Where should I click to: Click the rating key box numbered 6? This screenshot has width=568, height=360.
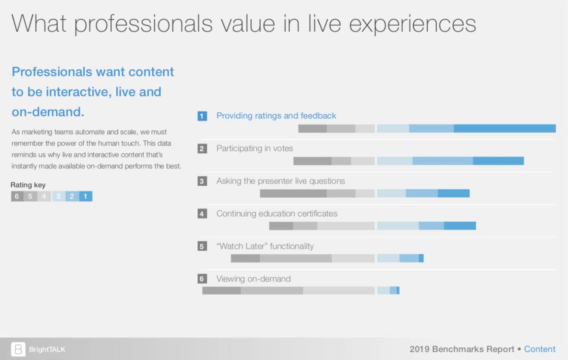pyautogui.click(x=17, y=196)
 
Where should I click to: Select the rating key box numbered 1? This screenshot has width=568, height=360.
pyautogui.click(x=85, y=196)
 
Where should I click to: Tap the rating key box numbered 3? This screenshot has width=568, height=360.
pyautogui.click(x=58, y=196)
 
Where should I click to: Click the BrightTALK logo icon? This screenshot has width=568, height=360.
pyautogui.click(x=18, y=349)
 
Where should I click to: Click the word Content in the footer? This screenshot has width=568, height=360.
pyautogui.click(x=540, y=349)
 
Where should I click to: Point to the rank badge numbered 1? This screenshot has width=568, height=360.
pyautogui.click(x=202, y=116)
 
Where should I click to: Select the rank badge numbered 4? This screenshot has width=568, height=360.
pyautogui.click(x=202, y=214)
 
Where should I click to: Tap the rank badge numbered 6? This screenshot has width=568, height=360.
pyautogui.click(x=202, y=279)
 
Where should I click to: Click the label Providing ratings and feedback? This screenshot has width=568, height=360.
pyautogui.click(x=276, y=116)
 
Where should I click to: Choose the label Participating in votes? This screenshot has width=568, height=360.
pyautogui.click(x=254, y=148)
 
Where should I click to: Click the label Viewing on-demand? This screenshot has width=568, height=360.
pyautogui.click(x=253, y=279)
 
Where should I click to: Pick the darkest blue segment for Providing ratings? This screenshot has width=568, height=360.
pyautogui.click(x=505, y=129)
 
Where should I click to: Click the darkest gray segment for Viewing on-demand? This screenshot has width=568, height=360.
pyautogui.click(x=221, y=290)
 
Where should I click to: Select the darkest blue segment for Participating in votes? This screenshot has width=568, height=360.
pyautogui.click(x=498, y=161)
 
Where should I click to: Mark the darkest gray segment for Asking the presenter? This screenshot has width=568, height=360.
pyautogui.click(x=293, y=194)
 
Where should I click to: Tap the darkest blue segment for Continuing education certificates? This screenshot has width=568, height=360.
pyautogui.click(x=460, y=226)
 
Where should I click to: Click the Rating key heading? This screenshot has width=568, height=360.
pyautogui.click(x=28, y=185)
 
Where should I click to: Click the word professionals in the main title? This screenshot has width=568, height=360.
pyautogui.click(x=143, y=24)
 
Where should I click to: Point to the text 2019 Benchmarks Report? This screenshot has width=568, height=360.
pyautogui.click(x=462, y=349)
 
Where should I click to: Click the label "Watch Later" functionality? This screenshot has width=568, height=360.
pyautogui.click(x=265, y=247)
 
